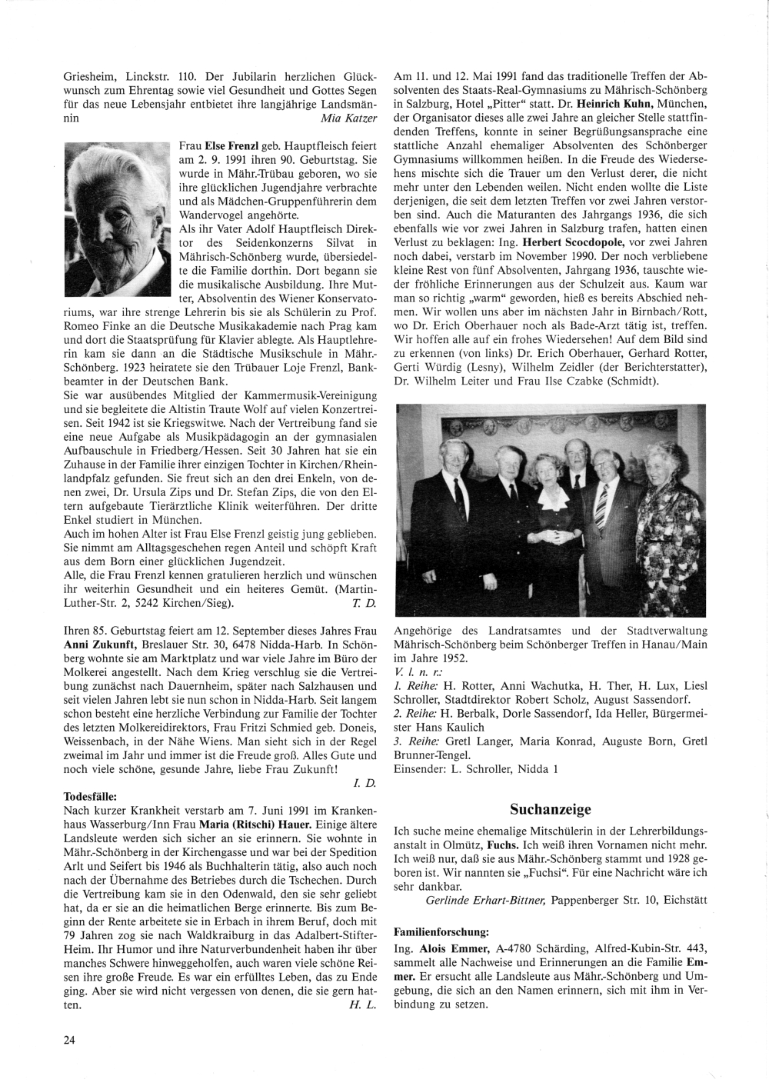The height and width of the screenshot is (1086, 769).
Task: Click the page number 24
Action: coord(70,1040)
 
